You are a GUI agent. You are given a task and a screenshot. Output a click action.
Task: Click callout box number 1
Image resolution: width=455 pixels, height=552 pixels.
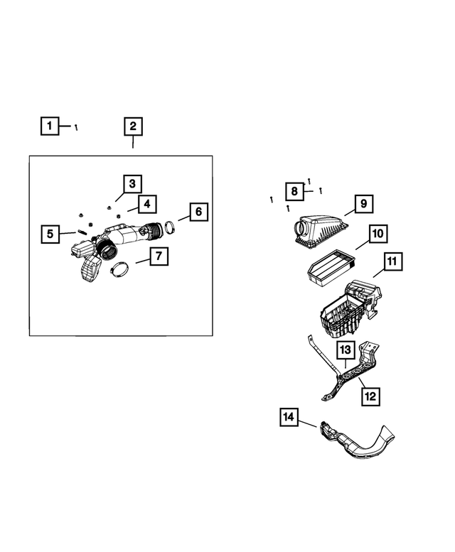[x=49, y=126]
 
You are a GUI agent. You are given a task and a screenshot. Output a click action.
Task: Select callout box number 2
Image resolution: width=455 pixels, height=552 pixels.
[x=132, y=126]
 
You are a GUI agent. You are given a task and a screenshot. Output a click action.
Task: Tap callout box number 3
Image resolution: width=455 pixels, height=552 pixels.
[x=132, y=184]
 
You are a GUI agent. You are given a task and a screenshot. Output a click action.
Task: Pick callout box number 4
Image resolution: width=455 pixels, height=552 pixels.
[x=145, y=205]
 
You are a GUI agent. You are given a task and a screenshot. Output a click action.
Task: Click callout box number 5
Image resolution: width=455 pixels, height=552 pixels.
[x=50, y=233]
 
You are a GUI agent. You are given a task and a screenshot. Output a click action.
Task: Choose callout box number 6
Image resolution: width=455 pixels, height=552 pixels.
[x=198, y=212]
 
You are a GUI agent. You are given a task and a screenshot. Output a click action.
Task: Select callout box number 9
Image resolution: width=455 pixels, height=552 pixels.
[x=362, y=204]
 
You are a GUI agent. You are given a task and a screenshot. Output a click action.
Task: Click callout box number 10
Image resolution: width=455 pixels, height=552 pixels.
[x=378, y=233]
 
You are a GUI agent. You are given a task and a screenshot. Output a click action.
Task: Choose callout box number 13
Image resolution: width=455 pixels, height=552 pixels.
[x=344, y=350]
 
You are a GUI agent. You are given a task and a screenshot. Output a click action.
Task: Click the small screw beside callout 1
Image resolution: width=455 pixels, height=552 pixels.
[x=76, y=127]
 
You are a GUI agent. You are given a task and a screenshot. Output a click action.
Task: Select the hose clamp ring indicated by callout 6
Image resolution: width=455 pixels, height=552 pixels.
[x=171, y=228]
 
